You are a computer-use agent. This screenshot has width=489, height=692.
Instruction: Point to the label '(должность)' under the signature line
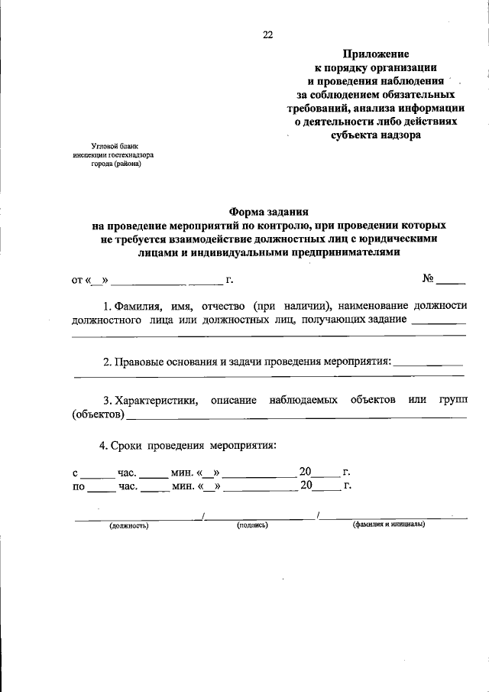128,525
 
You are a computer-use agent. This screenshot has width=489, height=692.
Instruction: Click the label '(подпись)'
252,525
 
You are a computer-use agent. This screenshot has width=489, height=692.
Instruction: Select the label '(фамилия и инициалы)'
389,525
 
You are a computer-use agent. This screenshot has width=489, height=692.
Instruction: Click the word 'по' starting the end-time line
78,486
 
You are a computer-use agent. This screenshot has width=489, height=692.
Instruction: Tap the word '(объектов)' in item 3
98,415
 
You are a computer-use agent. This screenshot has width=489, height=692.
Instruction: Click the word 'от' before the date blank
77,280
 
